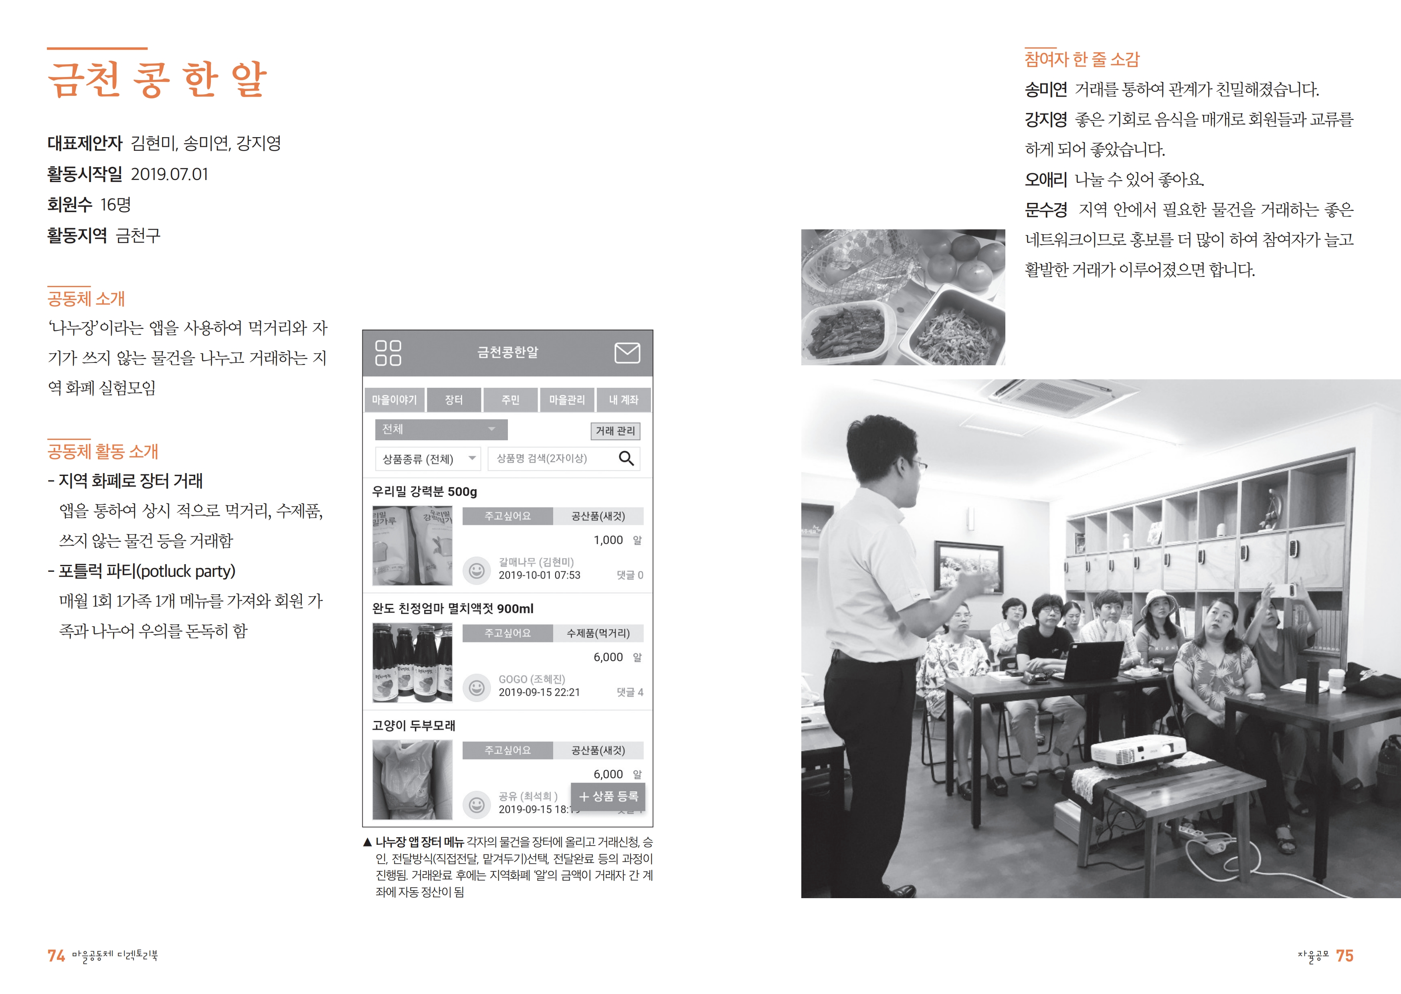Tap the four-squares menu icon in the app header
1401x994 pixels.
[x=388, y=353]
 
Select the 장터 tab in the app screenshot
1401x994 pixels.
[x=454, y=400]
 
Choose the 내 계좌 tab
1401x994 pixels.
[x=623, y=400]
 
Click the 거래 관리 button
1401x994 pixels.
[x=615, y=431]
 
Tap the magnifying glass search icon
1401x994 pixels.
[x=626, y=458]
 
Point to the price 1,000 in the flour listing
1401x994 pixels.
[x=608, y=540]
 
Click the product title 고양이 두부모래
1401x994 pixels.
[x=414, y=725]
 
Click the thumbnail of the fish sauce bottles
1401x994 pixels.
[x=412, y=662]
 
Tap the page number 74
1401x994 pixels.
[x=56, y=956]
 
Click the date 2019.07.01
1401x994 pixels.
[x=170, y=174]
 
